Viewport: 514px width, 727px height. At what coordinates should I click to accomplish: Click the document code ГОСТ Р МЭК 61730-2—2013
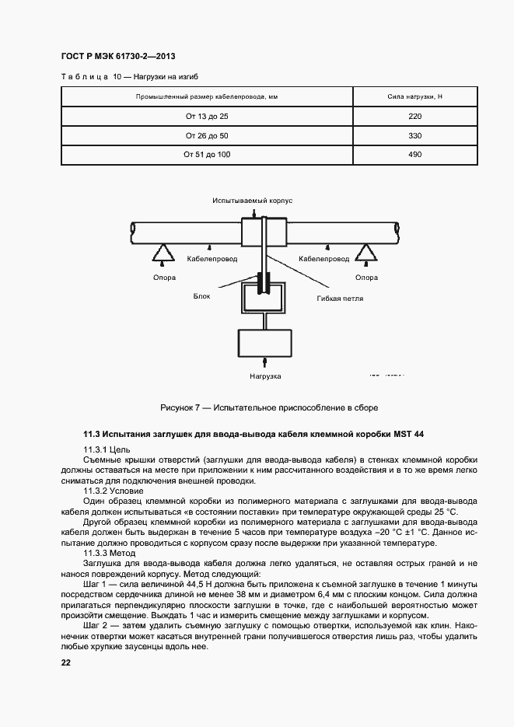(114, 58)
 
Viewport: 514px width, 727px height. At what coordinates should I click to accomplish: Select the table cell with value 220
(414, 116)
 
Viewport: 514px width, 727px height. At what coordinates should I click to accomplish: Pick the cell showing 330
(414, 135)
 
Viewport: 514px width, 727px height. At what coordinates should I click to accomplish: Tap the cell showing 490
(414, 155)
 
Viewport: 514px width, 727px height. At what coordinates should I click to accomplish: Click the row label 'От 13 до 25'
(207, 116)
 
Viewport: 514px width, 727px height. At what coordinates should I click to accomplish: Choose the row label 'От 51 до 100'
(207, 155)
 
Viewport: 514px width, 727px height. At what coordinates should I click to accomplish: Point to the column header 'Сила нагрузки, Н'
(414, 96)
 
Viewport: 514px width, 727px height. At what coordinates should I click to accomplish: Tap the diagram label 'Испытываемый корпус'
(252, 201)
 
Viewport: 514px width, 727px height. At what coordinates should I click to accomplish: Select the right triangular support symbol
(365, 253)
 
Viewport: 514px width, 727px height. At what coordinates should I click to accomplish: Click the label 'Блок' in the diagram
(202, 296)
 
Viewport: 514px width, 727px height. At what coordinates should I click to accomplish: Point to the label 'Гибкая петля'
(340, 298)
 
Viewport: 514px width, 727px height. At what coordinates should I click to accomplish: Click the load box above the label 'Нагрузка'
(266, 341)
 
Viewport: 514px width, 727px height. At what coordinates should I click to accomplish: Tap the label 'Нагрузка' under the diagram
(265, 376)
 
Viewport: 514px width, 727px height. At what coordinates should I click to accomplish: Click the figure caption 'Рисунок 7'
(181, 407)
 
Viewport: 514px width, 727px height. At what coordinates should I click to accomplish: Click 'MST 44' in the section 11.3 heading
(409, 433)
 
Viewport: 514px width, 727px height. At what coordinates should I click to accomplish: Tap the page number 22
(65, 662)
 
